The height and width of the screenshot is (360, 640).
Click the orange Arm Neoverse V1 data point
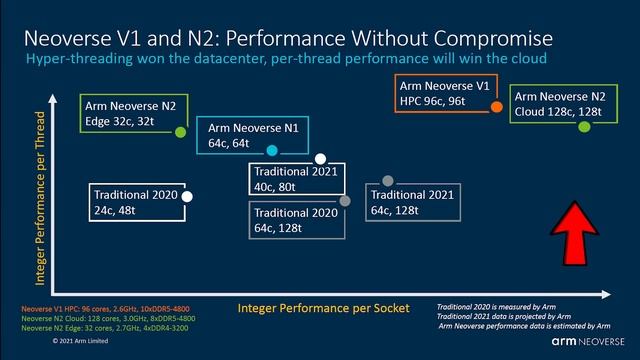pyautogui.click(x=497, y=105)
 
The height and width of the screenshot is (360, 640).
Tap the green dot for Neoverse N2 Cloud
pyautogui.click(x=584, y=127)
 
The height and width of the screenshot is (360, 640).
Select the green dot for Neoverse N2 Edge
pyautogui.click(x=181, y=131)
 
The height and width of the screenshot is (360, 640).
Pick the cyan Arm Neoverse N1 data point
pyautogui.click(x=272, y=151)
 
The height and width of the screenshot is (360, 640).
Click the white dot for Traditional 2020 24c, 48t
pyautogui.click(x=187, y=196)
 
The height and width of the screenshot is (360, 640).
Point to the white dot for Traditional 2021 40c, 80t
pyautogui.click(x=320, y=159)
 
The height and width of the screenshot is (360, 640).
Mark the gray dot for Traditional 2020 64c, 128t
pyautogui.click(x=344, y=201)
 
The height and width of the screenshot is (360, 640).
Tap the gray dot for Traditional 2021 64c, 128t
pyautogui.click(x=387, y=181)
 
